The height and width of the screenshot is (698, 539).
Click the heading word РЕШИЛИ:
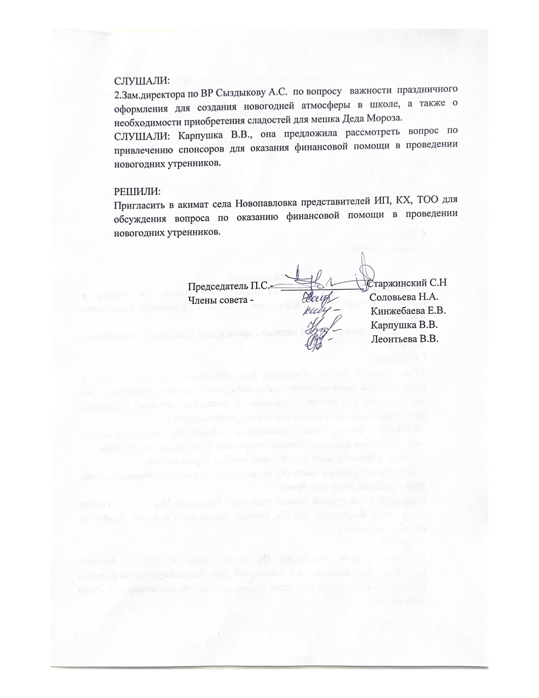[137, 192]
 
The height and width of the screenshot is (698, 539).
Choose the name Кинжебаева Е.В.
[407, 311]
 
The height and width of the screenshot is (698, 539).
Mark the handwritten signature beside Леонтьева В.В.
[317, 342]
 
